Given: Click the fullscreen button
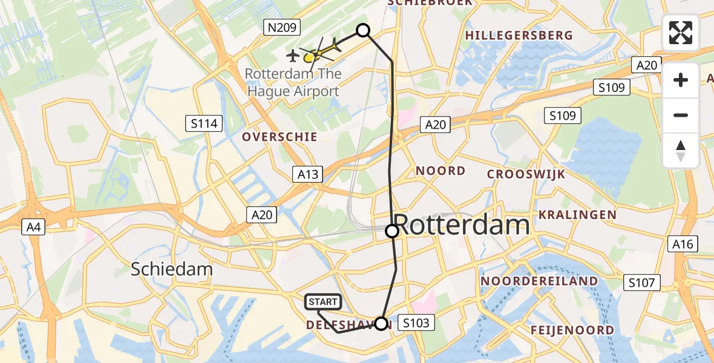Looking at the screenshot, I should (x=681, y=33).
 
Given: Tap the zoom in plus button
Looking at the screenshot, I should (x=681, y=80).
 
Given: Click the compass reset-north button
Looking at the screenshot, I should (x=681, y=151).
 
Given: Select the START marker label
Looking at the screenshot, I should (x=323, y=302).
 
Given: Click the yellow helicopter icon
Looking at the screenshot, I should (x=316, y=54).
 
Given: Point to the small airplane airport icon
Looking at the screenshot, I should (x=293, y=56).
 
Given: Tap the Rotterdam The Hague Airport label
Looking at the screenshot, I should (x=293, y=83).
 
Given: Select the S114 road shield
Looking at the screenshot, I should (x=204, y=124).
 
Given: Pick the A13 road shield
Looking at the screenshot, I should (x=307, y=174).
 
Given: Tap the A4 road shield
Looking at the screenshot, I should (x=33, y=227).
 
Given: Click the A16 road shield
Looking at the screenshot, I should (x=683, y=243).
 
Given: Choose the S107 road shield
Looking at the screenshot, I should (x=642, y=282).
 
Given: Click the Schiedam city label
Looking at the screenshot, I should (x=172, y=269).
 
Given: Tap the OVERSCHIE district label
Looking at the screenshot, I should (x=280, y=137).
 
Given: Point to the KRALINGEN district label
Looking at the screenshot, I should (x=577, y=215).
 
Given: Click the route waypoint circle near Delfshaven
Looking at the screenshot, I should (x=381, y=324).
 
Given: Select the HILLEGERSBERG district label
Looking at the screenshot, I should (x=519, y=36).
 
